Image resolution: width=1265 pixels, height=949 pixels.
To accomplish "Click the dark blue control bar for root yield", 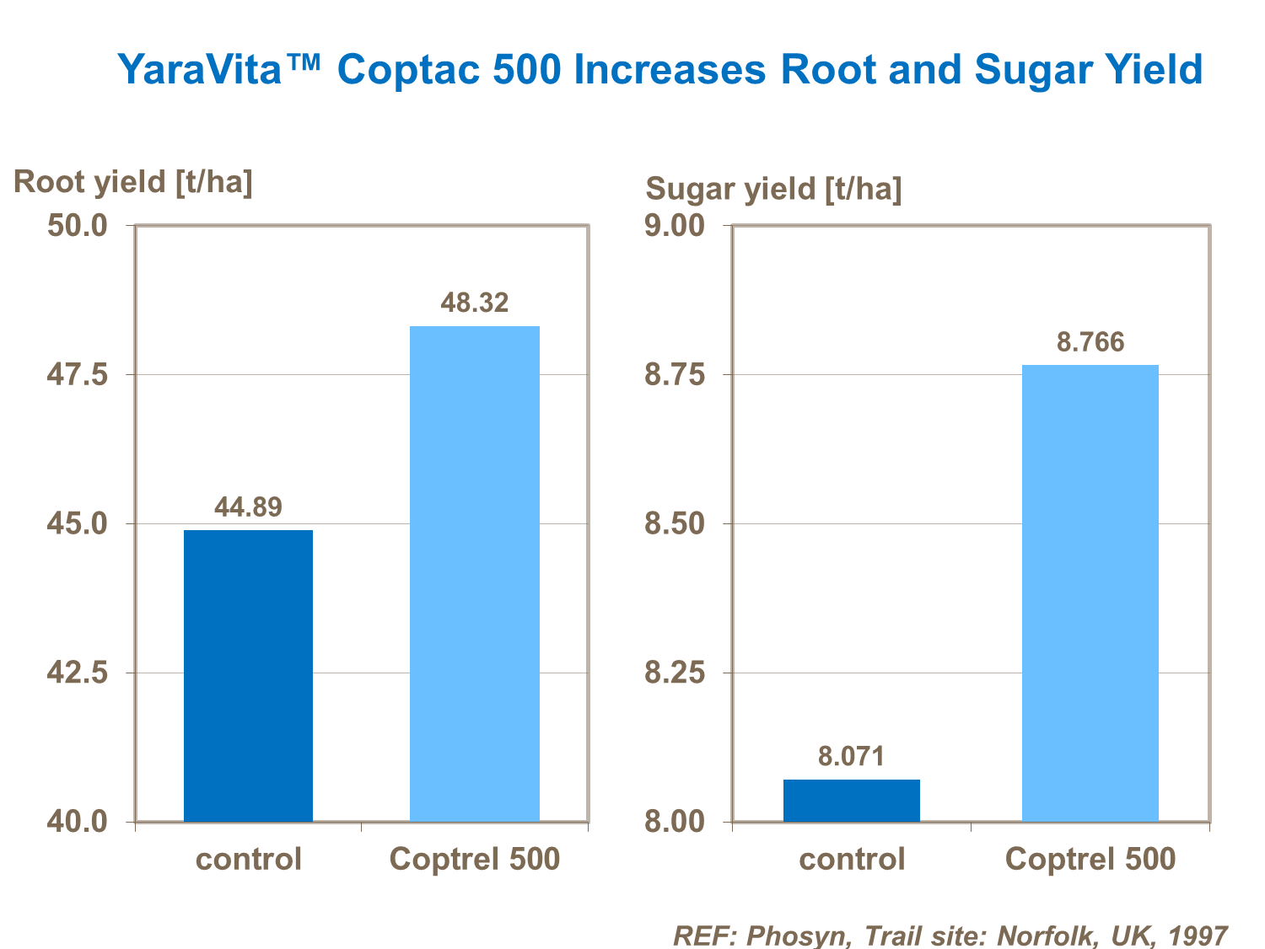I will coord(248,675).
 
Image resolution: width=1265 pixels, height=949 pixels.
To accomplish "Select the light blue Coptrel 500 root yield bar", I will coord(474,573).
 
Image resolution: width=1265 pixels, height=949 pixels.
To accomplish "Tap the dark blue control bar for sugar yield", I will coord(851,800).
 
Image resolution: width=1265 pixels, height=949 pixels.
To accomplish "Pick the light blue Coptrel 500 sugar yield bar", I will coord(1090,592).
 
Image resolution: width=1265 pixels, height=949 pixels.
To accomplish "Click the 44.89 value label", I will coord(248,507).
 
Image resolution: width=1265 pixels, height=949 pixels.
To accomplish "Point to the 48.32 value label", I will coord(475,303).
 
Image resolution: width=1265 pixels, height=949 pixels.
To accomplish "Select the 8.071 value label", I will coord(851,756).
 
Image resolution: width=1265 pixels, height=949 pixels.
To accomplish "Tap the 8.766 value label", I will coord(1090,342).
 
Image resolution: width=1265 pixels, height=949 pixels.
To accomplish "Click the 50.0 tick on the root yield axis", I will coord(77,226).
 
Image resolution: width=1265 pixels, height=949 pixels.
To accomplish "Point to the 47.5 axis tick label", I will coord(77,375).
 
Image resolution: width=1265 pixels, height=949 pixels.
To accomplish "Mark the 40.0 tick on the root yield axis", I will coord(77,822).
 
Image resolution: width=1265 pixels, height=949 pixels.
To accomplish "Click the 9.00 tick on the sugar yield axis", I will coord(675,226).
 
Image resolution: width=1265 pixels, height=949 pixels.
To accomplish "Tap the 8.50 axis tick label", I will coord(675,524).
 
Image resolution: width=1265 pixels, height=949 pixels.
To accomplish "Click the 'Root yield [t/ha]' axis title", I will coord(133,182).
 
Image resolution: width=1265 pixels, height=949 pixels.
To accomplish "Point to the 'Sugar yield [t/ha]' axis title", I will coord(773,189).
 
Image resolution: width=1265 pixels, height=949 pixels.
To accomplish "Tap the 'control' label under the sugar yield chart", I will coord(851,860).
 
